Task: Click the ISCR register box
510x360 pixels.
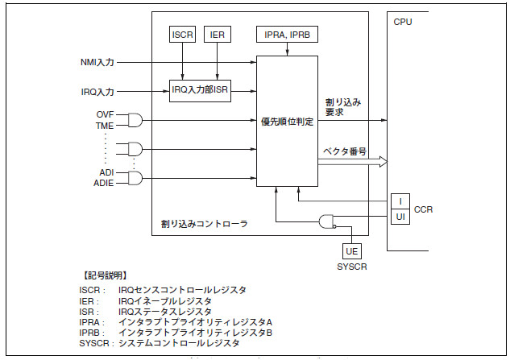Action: point(183,35)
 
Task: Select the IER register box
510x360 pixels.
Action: point(217,35)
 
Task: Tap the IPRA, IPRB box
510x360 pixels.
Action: point(286,35)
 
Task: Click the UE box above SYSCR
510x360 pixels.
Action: point(352,252)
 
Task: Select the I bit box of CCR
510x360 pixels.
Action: point(400,201)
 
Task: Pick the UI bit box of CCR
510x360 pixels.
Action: point(400,217)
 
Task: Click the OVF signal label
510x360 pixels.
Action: point(105,114)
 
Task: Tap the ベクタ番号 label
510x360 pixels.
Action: point(345,151)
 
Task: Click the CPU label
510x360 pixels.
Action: point(402,22)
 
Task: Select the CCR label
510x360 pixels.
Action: point(424,209)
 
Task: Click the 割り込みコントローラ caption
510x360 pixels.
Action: point(204,223)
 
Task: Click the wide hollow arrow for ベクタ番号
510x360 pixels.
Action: point(352,163)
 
